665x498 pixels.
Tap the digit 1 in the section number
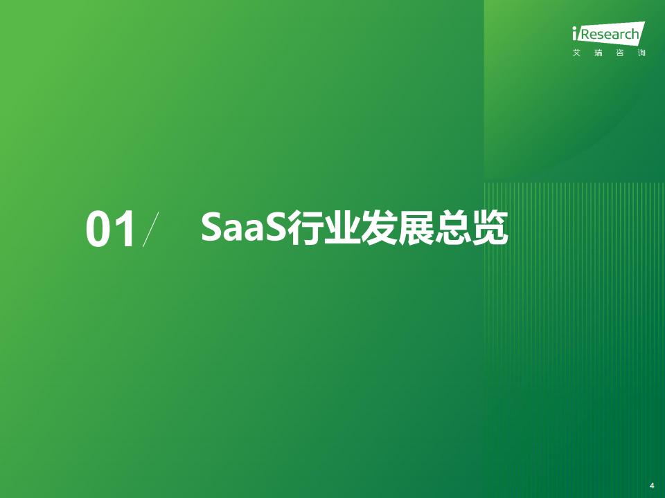125,229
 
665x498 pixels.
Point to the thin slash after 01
150,229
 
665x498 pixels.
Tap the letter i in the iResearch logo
575,33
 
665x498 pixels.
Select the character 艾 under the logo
577,53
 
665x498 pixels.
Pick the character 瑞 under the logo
598,53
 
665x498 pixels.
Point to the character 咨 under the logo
620,53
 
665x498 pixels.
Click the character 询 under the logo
641,53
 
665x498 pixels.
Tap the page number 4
652,486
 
